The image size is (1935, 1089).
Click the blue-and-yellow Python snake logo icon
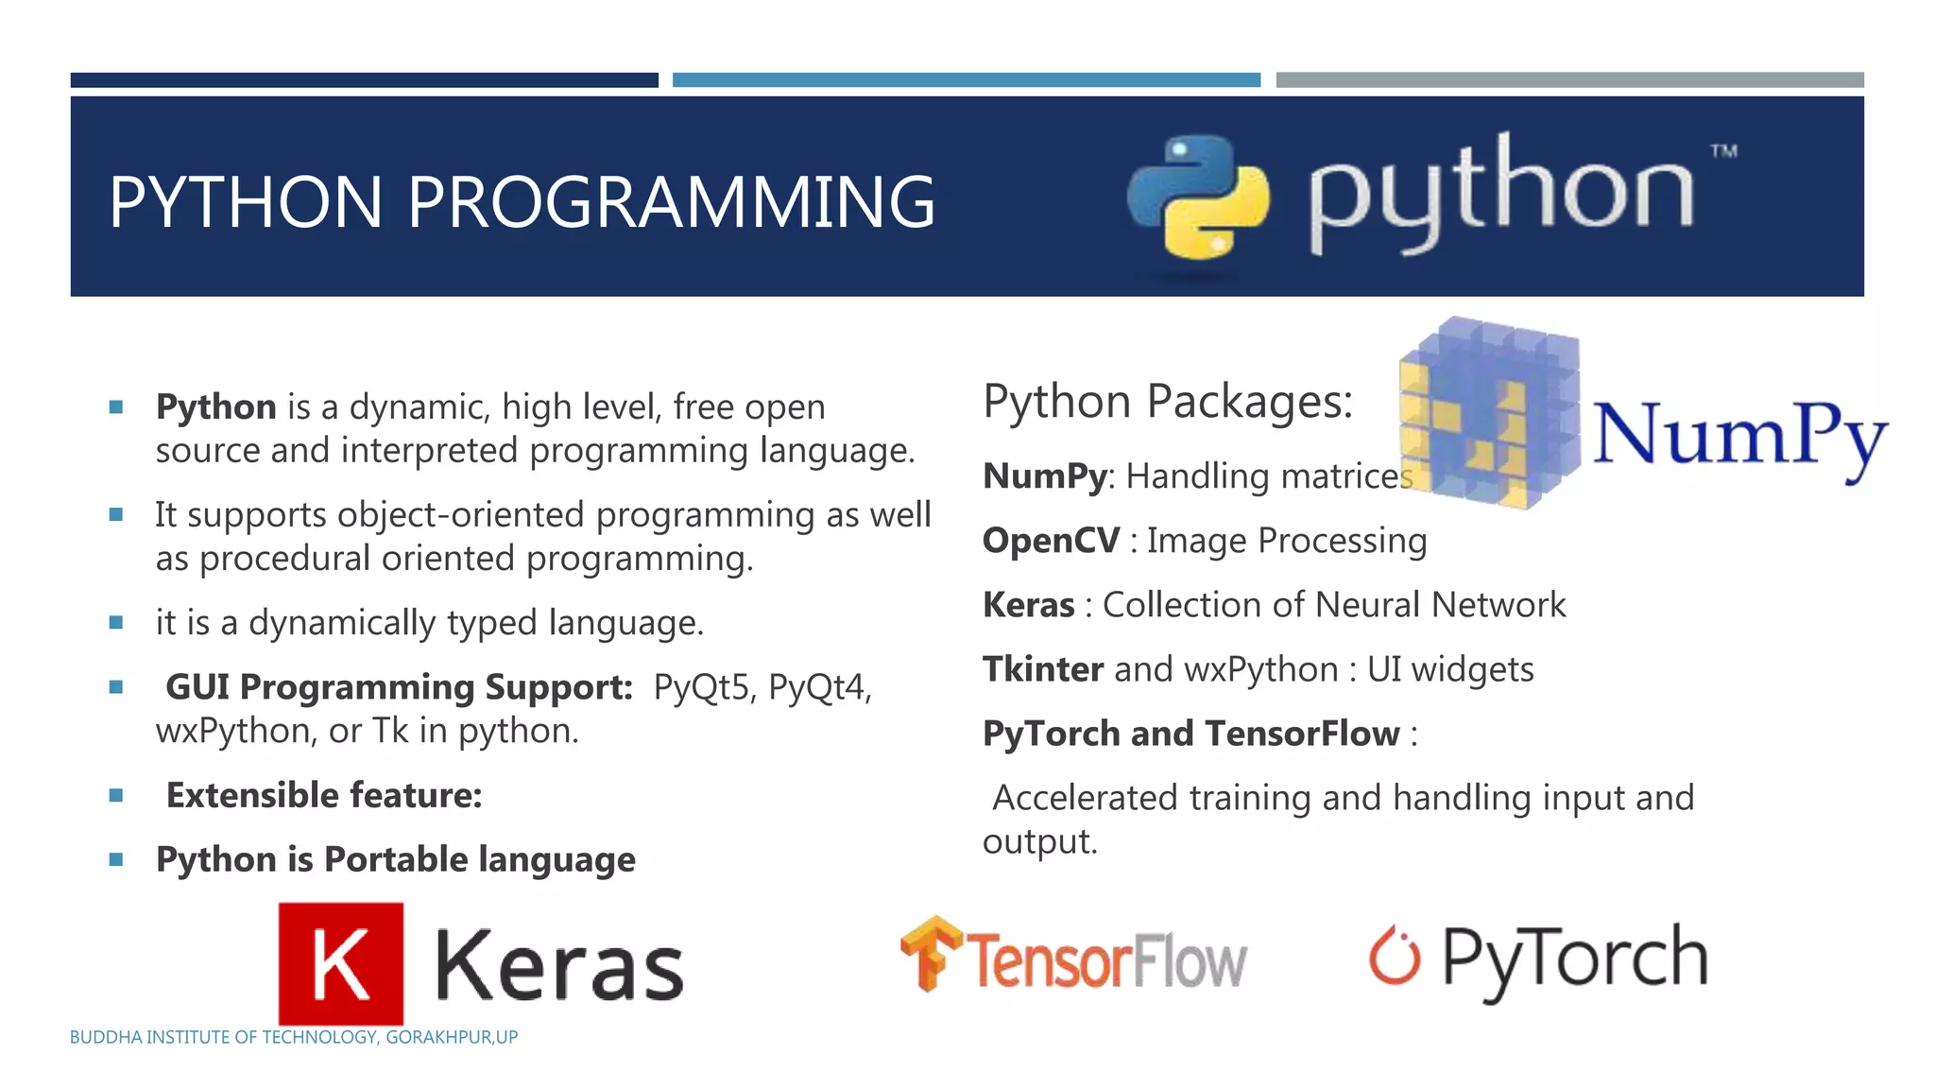1198,197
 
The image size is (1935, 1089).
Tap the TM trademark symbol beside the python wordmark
1723,151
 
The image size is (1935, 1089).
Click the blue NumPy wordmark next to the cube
1738,435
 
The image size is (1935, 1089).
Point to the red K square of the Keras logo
341,962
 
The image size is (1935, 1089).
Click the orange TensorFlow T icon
930,953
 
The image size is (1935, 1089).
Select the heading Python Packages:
1168,402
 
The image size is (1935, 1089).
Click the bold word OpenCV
1051,541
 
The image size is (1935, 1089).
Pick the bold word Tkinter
1043,669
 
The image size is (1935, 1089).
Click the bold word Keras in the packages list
1029,605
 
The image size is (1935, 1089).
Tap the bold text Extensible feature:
324,796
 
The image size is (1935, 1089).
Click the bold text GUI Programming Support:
399,687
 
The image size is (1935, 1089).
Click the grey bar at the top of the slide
1569,80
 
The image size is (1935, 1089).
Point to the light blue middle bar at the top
966,80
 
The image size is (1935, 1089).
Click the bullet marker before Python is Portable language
116,860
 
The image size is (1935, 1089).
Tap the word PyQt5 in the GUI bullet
701,687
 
